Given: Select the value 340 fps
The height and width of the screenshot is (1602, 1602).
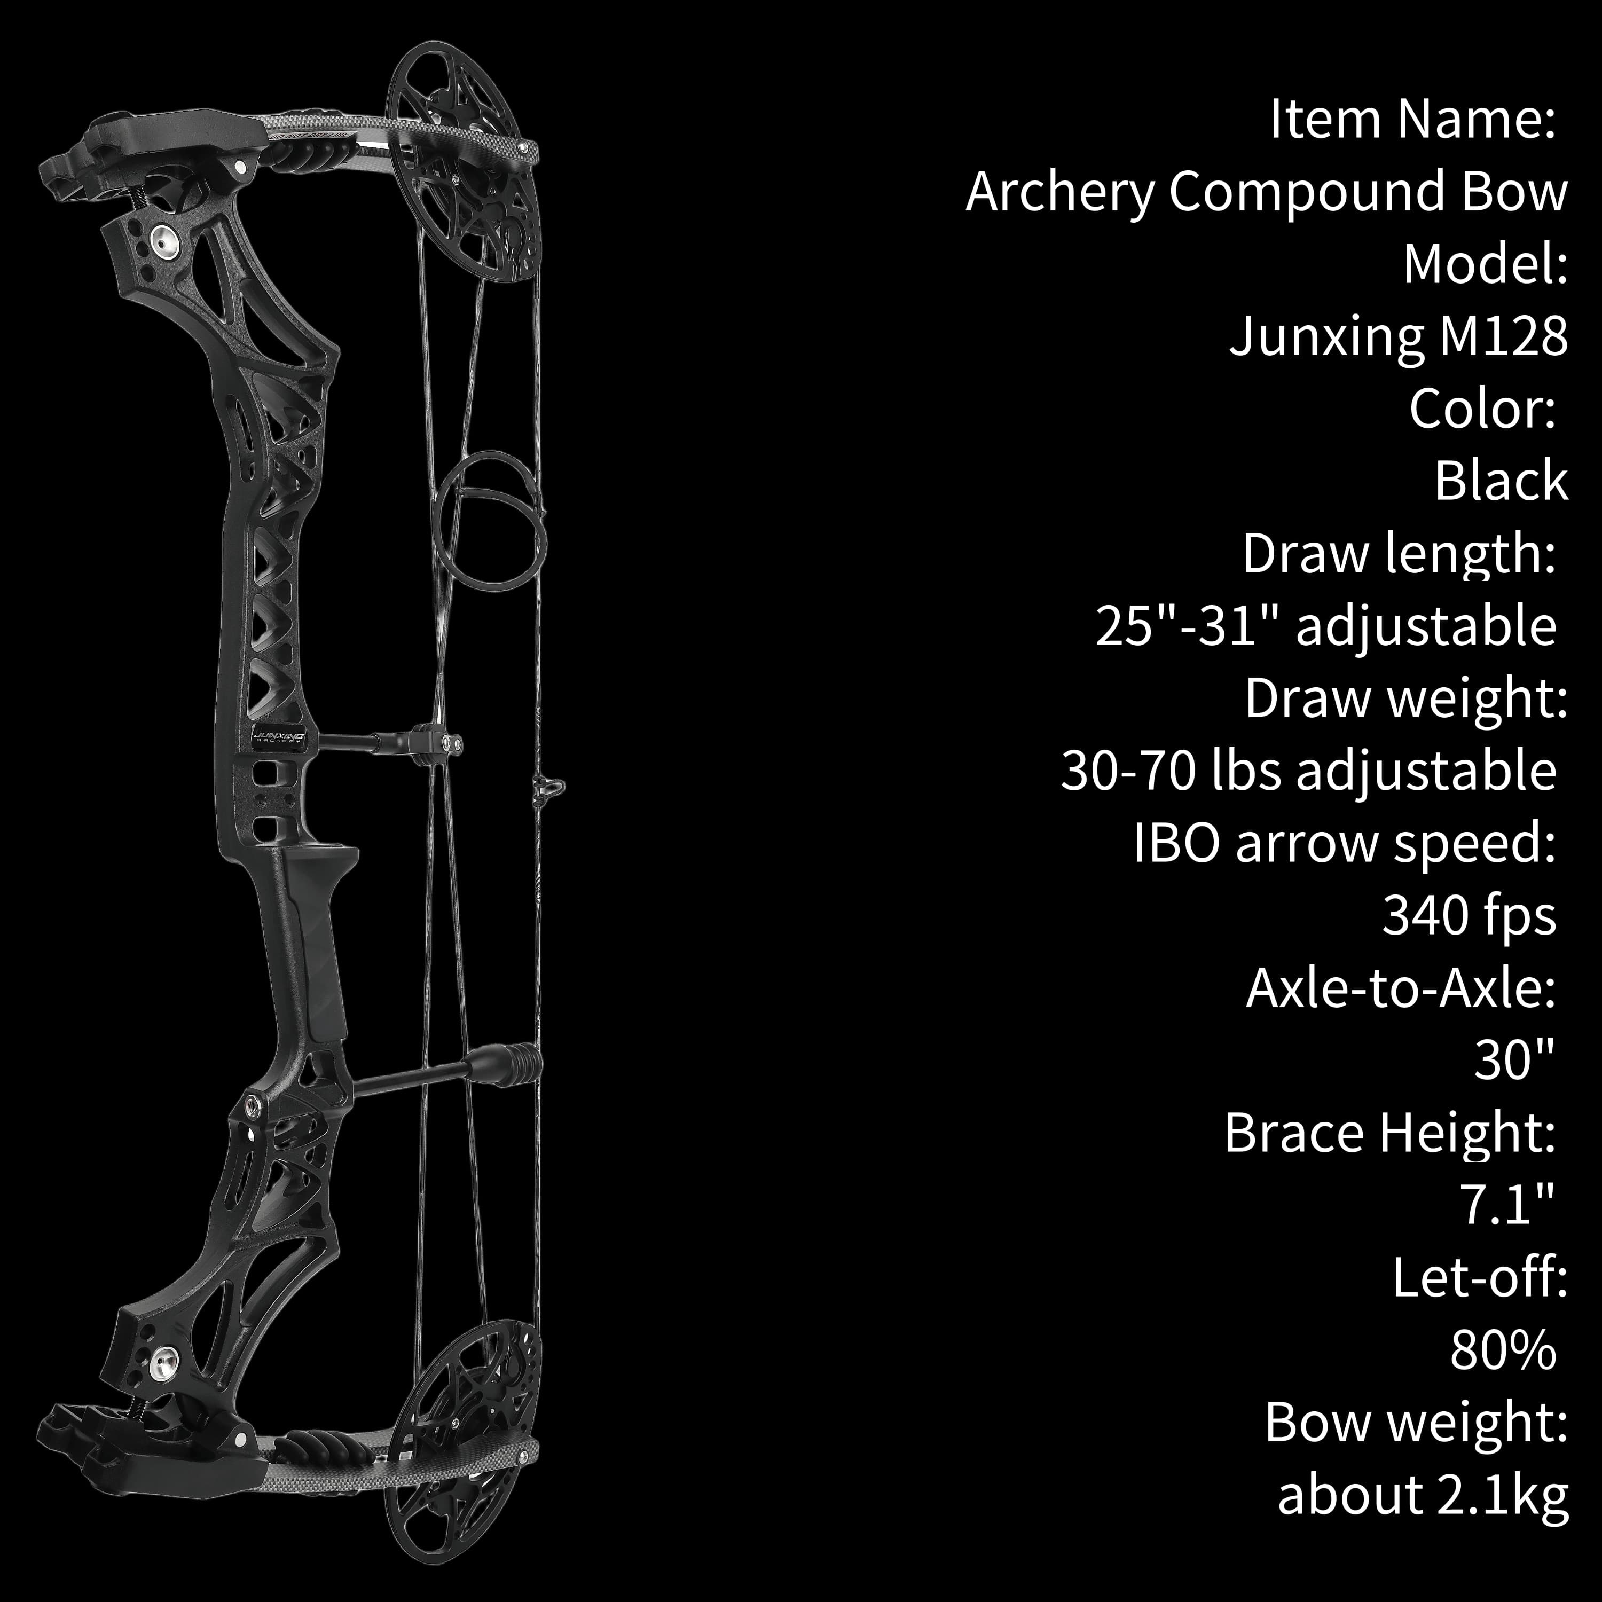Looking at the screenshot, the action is tap(1468, 917).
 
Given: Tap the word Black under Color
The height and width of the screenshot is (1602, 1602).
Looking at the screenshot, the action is tap(1501, 481).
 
